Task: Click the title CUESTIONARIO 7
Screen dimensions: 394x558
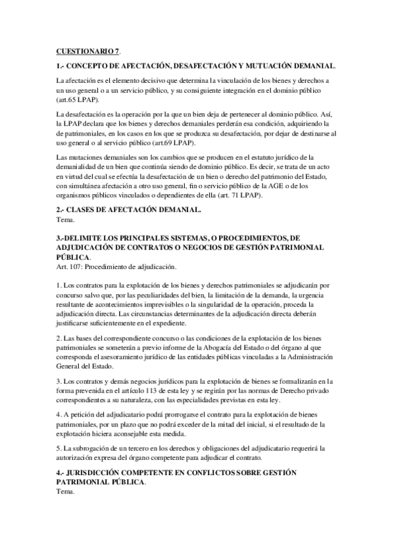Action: [87, 51]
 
